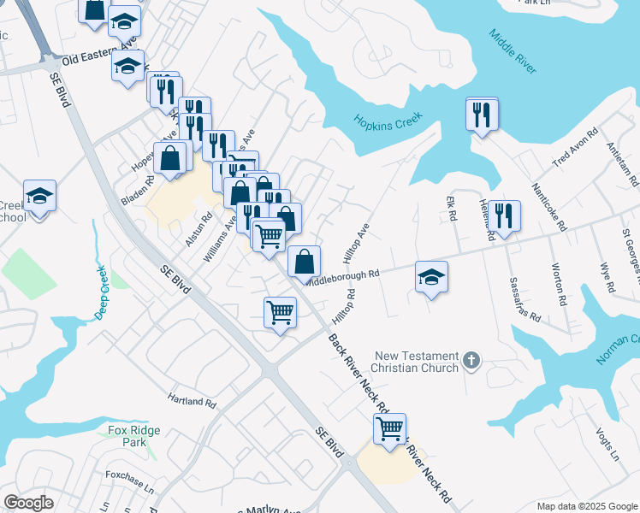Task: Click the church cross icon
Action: pos(471,362)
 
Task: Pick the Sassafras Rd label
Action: pos(524,298)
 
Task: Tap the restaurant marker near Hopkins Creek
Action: pos(482,114)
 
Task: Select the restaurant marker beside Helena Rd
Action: pos(505,216)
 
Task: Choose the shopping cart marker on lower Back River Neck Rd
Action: pos(389,428)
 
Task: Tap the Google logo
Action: pos(28,503)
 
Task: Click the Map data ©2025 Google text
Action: pos(587,506)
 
